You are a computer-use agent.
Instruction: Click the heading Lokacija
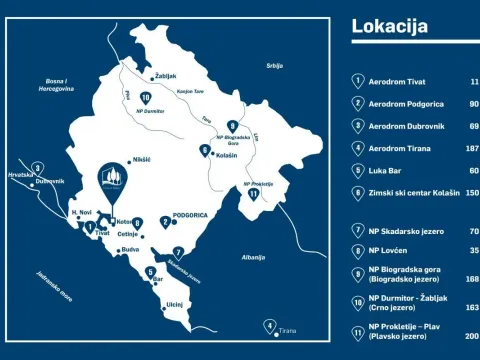click(x=389, y=26)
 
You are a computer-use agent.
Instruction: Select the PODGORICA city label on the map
click(x=189, y=216)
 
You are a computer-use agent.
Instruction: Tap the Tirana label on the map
click(x=288, y=329)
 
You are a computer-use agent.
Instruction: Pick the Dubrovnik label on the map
click(x=49, y=181)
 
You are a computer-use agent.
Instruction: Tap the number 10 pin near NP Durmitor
click(x=146, y=96)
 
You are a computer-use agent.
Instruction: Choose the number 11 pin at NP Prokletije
click(x=253, y=195)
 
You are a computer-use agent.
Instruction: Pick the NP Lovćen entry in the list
click(x=389, y=250)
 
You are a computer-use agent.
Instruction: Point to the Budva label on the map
click(x=129, y=250)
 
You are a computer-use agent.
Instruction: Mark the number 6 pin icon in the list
click(x=358, y=192)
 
